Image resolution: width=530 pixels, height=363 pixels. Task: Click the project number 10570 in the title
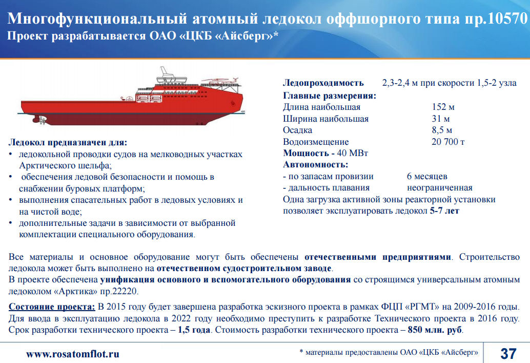506,18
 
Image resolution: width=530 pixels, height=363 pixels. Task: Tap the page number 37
508,354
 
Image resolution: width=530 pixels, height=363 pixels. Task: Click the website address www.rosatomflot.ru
73,354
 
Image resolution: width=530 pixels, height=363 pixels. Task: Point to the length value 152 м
443,107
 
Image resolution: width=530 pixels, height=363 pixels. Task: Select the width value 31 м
440,119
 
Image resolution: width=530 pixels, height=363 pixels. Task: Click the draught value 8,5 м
442,130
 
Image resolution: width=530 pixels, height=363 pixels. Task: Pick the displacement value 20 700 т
448,142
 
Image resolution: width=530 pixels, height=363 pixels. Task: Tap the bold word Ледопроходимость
323,83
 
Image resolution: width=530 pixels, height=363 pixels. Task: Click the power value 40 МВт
352,153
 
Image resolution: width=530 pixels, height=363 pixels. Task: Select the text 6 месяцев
427,176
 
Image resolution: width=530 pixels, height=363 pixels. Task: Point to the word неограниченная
439,187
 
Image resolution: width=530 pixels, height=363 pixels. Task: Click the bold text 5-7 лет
444,211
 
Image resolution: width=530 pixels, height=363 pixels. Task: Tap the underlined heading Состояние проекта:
52,307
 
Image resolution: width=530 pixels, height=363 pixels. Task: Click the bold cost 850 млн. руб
435,330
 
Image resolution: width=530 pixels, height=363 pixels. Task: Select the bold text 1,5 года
194,330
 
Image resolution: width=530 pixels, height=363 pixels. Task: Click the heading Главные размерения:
330,96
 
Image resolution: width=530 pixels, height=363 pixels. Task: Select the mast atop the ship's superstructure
164,72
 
